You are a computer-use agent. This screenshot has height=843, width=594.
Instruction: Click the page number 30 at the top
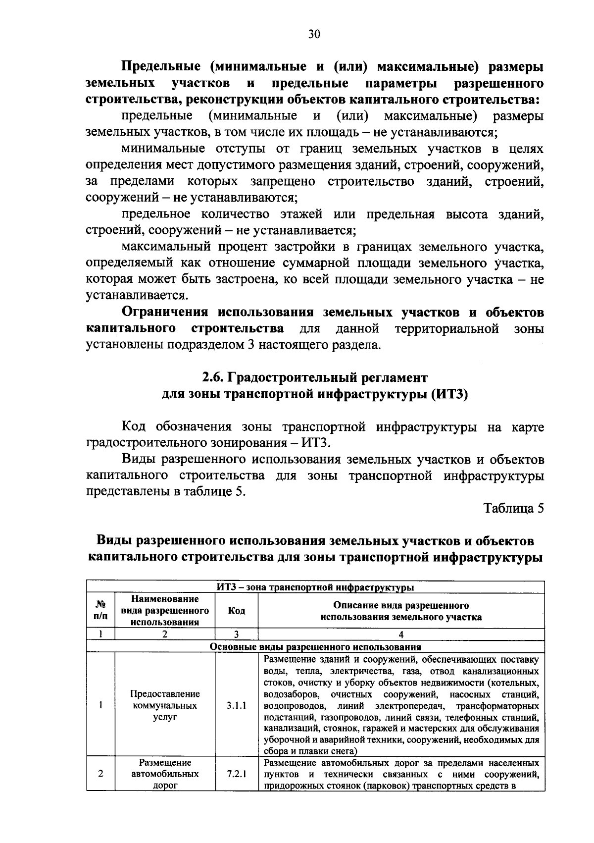[314, 34]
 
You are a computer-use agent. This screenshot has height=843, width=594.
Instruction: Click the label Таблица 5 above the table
[514, 508]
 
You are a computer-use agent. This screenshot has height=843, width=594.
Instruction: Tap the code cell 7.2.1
[237, 774]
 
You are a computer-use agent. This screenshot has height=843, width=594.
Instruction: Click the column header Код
[237, 611]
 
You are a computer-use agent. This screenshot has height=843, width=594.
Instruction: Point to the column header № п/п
[100, 611]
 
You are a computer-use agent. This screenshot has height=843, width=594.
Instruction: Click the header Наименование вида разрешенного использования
[165, 611]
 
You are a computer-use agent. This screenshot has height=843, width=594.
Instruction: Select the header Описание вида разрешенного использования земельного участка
[401, 611]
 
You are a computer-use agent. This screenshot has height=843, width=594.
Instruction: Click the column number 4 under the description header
[401, 634]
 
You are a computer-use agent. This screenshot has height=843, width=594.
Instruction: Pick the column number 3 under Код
[237, 634]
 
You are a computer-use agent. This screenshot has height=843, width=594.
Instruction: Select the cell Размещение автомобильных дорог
[165, 774]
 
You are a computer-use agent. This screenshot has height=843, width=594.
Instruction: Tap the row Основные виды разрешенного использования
[315, 646]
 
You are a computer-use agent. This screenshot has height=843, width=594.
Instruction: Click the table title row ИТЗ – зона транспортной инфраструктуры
[315, 587]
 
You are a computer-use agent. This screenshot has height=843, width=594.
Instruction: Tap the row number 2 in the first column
[100, 774]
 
